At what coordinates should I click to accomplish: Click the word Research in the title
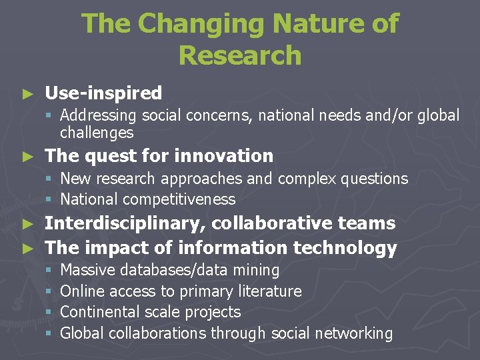click(240, 55)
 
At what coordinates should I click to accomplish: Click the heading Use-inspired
click(103, 93)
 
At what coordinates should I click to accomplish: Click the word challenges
click(97, 133)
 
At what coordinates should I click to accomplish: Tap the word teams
click(367, 223)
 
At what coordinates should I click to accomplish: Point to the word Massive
click(86, 270)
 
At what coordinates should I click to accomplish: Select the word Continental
click(100, 312)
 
